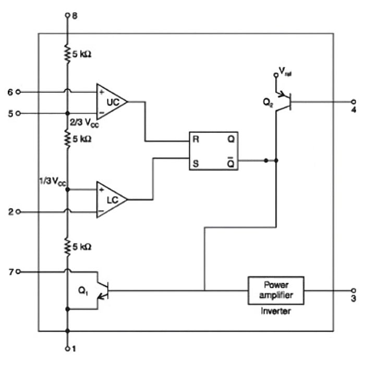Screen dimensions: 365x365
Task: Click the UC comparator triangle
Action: [111, 102]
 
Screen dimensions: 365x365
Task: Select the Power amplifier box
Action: [275, 290]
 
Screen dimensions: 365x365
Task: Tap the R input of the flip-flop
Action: [196, 140]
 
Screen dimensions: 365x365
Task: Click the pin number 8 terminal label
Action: [74, 16]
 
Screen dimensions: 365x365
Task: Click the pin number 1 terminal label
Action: [74, 348]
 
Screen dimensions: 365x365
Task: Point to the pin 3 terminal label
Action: [353, 299]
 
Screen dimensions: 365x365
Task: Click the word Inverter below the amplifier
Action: [275, 311]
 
